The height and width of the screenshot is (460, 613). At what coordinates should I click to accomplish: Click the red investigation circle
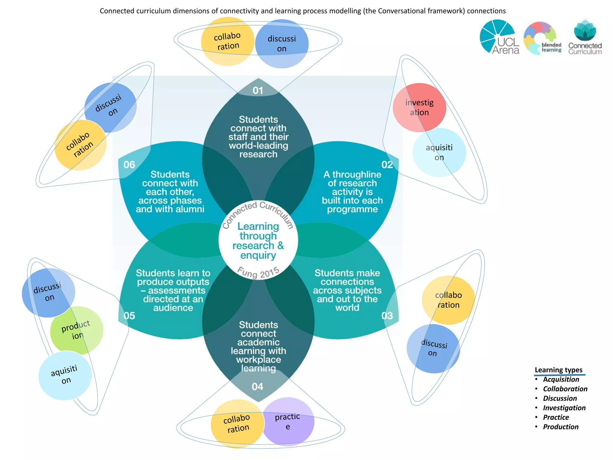pos(419,108)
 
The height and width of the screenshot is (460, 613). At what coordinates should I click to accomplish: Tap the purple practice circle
pos(288,421)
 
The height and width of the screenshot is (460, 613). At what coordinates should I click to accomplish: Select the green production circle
pos(76,330)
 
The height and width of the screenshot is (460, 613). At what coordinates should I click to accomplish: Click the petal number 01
pos(258,90)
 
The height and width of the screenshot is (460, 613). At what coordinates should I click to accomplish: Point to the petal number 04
pos(257,387)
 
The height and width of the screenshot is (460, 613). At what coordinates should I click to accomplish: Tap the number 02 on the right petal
pos(387,165)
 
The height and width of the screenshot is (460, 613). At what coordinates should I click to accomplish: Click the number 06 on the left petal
pos(129,165)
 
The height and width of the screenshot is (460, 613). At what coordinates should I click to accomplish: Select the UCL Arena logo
pos(499,37)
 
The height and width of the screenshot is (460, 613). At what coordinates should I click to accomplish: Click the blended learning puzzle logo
pos(542,38)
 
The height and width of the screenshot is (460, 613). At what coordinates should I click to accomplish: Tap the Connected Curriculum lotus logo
pos(585,37)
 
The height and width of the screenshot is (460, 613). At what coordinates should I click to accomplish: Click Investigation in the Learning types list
pos(564,408)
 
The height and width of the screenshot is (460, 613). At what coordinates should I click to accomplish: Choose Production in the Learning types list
pos(561,427)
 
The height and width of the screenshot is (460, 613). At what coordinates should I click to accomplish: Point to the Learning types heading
pos(559,370)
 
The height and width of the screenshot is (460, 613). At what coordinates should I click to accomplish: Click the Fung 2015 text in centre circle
pos(258,273)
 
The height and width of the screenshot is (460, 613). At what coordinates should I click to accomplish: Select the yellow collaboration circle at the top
pos(227,41)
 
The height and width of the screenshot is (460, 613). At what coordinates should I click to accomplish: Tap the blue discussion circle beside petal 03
pos(433,349)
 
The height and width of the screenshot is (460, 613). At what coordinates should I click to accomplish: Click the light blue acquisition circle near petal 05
pos(65,376)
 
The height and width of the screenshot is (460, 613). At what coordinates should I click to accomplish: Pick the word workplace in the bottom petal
pos(259,359)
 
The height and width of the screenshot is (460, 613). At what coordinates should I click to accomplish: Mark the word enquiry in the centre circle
pos(258,255)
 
